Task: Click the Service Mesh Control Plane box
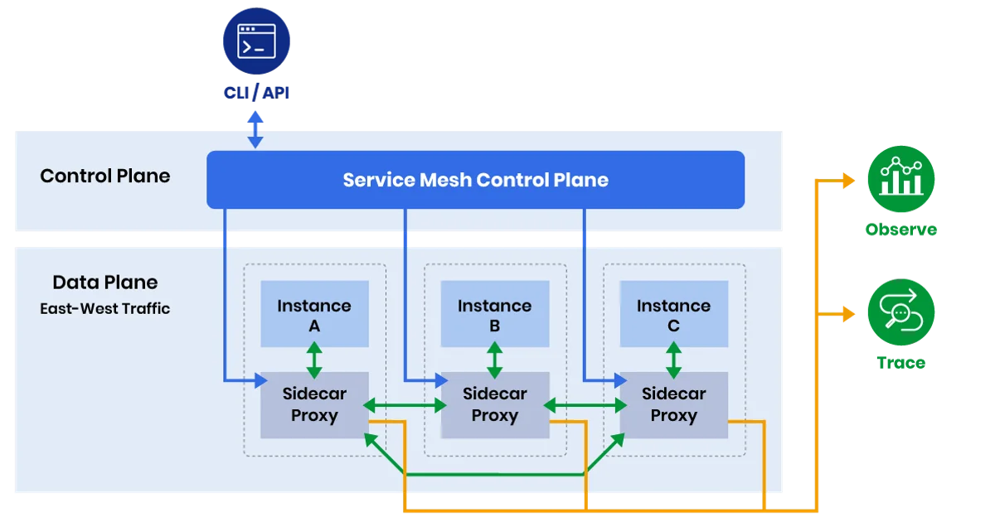pos(475,180)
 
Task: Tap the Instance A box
pos(314,315)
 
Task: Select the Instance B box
pos(494,315)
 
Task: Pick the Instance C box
pos(673,315)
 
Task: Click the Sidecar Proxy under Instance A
pos(314,405)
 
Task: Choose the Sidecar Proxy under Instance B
pos(494,405)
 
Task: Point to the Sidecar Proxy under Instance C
pos(673,405)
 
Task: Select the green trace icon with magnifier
pos(900,313)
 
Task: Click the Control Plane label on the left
pos(105,176)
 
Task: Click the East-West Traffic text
pos(105,309)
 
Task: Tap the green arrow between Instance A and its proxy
pos(314,360)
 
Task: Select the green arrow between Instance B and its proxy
pos(494,360)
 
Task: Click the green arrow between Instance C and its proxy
pos(673,360)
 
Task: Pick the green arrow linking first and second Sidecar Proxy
pos(405,405)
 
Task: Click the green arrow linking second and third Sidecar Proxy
pos(585,405)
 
